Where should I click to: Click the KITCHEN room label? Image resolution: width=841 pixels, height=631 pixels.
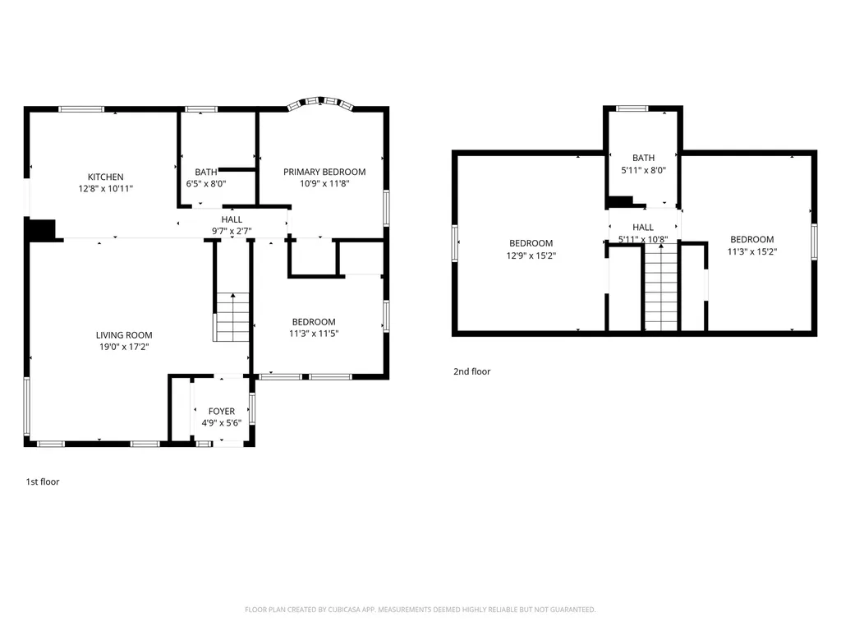[x=106, y=177]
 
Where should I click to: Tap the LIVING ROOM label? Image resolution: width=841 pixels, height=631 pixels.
[x=124, y=335]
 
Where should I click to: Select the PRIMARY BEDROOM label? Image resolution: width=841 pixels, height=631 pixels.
[x=324, y=172]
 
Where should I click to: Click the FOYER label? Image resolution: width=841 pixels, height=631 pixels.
[x=221, y=412]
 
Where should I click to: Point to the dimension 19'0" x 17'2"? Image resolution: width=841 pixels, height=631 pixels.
[x=124, y=347]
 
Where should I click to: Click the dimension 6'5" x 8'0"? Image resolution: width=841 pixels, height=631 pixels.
[x=206, y=184]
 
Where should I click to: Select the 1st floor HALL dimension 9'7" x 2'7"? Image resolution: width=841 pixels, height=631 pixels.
[x=232, y=231]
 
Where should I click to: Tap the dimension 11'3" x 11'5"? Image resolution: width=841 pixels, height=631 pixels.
[x=314, y=334]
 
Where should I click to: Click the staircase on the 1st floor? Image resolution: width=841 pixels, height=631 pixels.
[x=231, y=317]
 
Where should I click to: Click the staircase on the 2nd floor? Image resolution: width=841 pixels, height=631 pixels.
[x=660, y=288]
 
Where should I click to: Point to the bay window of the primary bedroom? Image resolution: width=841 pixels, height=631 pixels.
[x=321, y=103]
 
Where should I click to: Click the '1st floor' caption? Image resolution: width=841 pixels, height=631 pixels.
[x=43, y=482]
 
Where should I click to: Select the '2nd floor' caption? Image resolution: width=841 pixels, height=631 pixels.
[x=471, y=371]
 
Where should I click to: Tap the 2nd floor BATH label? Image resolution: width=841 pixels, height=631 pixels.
[x=643, y=158]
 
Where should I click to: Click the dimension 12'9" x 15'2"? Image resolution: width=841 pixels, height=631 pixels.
[x=531, y=255]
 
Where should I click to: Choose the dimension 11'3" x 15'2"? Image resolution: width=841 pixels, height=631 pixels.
[x=751, y=251]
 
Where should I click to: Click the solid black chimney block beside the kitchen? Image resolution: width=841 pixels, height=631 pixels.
[x=41, y=229]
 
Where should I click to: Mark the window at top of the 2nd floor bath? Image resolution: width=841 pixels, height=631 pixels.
[x=632, y=108]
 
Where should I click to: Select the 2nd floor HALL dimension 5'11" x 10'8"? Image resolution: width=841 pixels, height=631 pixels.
[x=643, y=239]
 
